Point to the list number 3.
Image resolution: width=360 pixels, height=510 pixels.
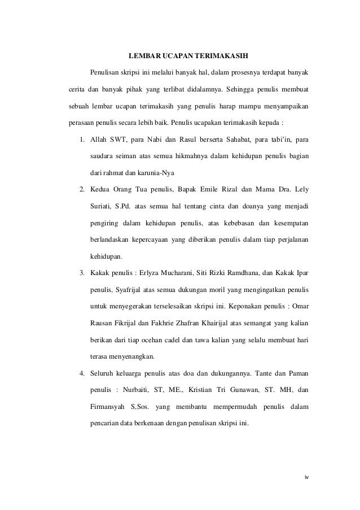tap(82, 274)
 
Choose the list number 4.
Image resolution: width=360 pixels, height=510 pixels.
tap(82, 373)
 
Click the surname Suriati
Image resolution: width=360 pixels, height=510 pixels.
tap(102, 206)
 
